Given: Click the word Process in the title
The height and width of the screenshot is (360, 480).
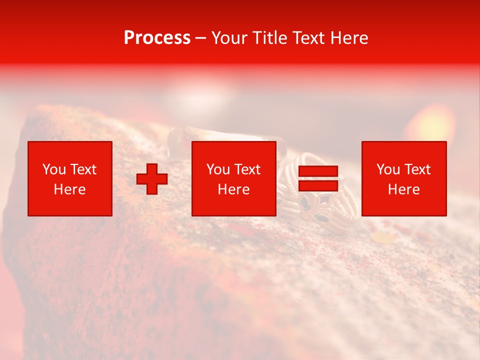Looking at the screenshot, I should (x=157, y=38).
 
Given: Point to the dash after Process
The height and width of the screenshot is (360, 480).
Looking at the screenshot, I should (x=200, y=38).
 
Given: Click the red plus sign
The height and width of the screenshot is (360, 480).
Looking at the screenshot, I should (x=152, y=179).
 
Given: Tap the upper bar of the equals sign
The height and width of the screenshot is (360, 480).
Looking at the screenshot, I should (x=318, y=171).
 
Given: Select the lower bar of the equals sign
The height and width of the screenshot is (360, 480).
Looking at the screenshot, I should (x=318, y=185).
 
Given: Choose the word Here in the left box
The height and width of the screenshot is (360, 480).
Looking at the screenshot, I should (x=69, y=189).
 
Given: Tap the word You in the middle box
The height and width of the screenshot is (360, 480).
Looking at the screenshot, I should (x=218, y=169).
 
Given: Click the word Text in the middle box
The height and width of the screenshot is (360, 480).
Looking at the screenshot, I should (x=247, y=169).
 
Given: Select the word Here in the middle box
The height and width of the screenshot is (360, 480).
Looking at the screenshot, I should (x=233, y=189).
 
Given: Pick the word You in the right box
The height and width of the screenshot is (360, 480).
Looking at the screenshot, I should (x=388, y=169).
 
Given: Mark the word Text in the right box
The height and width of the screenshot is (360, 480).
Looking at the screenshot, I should (x=417, y=169).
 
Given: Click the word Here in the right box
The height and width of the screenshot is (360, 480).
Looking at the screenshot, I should (x=403, y=189).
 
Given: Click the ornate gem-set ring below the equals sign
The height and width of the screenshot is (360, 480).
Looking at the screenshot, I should (x=315, y=210).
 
